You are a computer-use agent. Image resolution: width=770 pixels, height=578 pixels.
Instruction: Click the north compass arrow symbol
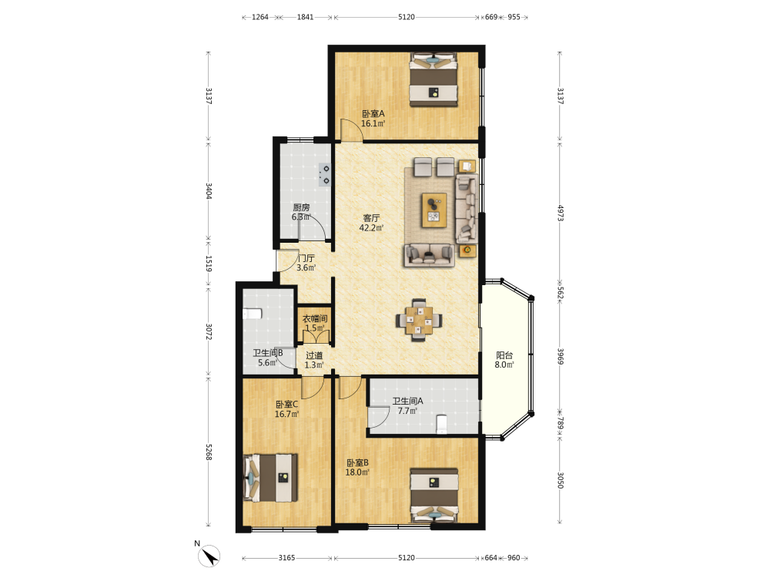pyautogui.click(x=209, y=556)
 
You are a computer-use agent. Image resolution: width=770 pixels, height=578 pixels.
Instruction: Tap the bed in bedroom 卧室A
pyautogui.click(x=434, y=79)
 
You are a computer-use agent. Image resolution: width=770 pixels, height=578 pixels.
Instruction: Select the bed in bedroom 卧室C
pyautogui.click(x=270, y=478)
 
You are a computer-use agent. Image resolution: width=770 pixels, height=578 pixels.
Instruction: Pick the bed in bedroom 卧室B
pyautogui.click(x=434, y=495)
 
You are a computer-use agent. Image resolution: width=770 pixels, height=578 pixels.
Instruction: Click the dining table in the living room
pyautogui.click(x=419, y=321)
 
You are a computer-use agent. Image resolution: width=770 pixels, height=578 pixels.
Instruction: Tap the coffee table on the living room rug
pyautogui.click(x=434, y=210)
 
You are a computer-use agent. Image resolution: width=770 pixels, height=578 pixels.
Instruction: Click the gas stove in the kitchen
pyautogui.click(x=325, y=174)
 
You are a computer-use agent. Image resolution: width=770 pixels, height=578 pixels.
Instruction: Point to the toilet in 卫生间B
pyautogui.click(x=252, y=314)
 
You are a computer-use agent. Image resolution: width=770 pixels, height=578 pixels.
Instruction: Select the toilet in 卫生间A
pyautogui.click(x=441, y=424)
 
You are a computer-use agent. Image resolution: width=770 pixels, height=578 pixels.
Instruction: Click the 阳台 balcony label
pyautogui.click(x=504, y=355)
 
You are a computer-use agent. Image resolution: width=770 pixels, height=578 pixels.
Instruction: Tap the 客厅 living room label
pyautogui.click(x=371, y=218)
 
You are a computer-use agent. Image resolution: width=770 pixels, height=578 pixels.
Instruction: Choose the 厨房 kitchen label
pyautogui.click(x=301, y=207)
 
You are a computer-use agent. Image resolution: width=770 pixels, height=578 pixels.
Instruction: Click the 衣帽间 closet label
pyautogui.click(x=315, y=318)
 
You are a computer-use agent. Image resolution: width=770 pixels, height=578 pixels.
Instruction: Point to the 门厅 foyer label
pyautogui.click(x=306, y=258)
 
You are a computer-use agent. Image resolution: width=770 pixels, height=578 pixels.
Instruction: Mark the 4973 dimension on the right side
pyautogui.click(x=560, y=213)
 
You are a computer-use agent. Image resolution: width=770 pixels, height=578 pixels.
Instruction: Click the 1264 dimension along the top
pyautogui.click(x=260, y=17)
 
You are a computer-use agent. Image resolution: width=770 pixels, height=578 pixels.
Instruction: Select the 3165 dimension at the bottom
pyautogui.click(x=286, y=558)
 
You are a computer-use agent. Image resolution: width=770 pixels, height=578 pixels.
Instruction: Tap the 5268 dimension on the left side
pyautogui.click(x=209, y=452)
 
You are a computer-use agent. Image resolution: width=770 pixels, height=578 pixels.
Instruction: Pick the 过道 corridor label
pyautogui.click(x=314, y=355)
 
